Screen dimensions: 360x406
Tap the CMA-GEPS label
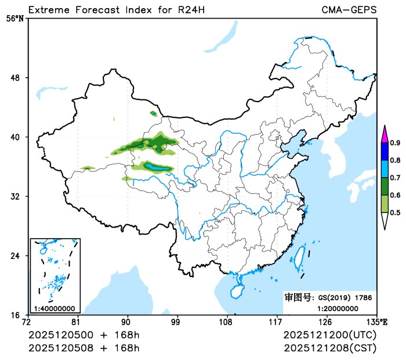[349, 10]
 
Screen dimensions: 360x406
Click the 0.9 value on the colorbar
[395, 142]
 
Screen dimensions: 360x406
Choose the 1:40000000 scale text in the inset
[54, 308]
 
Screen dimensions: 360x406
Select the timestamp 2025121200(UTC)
[330, 336]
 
